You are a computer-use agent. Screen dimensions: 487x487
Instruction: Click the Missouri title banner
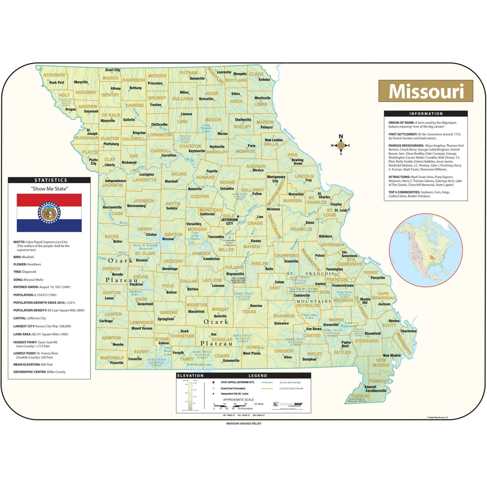pyautogui.click(x=426, y=91)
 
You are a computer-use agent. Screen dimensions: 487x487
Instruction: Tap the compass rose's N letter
pyautogui.click(x=341, y=137)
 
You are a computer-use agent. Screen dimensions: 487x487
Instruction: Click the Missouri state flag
pyautogui.click(x=49, y=213)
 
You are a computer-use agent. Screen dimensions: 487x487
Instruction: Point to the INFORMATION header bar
pyautogui.click(x=426, y=114)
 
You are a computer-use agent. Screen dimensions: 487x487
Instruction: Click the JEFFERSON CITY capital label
pyautogui.click(x=229, y=222)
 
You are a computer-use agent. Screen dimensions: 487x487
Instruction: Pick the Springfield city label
pyautogui.click(x=166, y=319)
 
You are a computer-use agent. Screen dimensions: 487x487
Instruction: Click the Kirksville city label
pyautogui.click(x=206, y=99)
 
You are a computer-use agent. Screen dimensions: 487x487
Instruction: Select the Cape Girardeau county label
pyautogui.click(x=383, y=296)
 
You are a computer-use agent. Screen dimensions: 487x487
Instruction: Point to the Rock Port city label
pyautogui.click(x=56, y=82)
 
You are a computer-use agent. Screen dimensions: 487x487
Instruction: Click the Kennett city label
pyautogui.click(x=370, y=387)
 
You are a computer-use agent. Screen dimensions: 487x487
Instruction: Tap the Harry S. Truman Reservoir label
pyautogui.click(x=145, y=247)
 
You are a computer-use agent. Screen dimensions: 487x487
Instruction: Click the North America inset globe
pyautogui.click(x=426, y=250)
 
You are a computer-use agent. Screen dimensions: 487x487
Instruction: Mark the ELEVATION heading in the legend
pyautogui.click(x=190, y=376)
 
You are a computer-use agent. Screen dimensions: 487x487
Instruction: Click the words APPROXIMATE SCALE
pyautogui.click(x=238, y=400)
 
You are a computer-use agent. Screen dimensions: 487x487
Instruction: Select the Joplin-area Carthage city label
pyautogui.click(x=106, y=321)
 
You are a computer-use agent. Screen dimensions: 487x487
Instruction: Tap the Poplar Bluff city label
pyautogui.click(x=346, y=344)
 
